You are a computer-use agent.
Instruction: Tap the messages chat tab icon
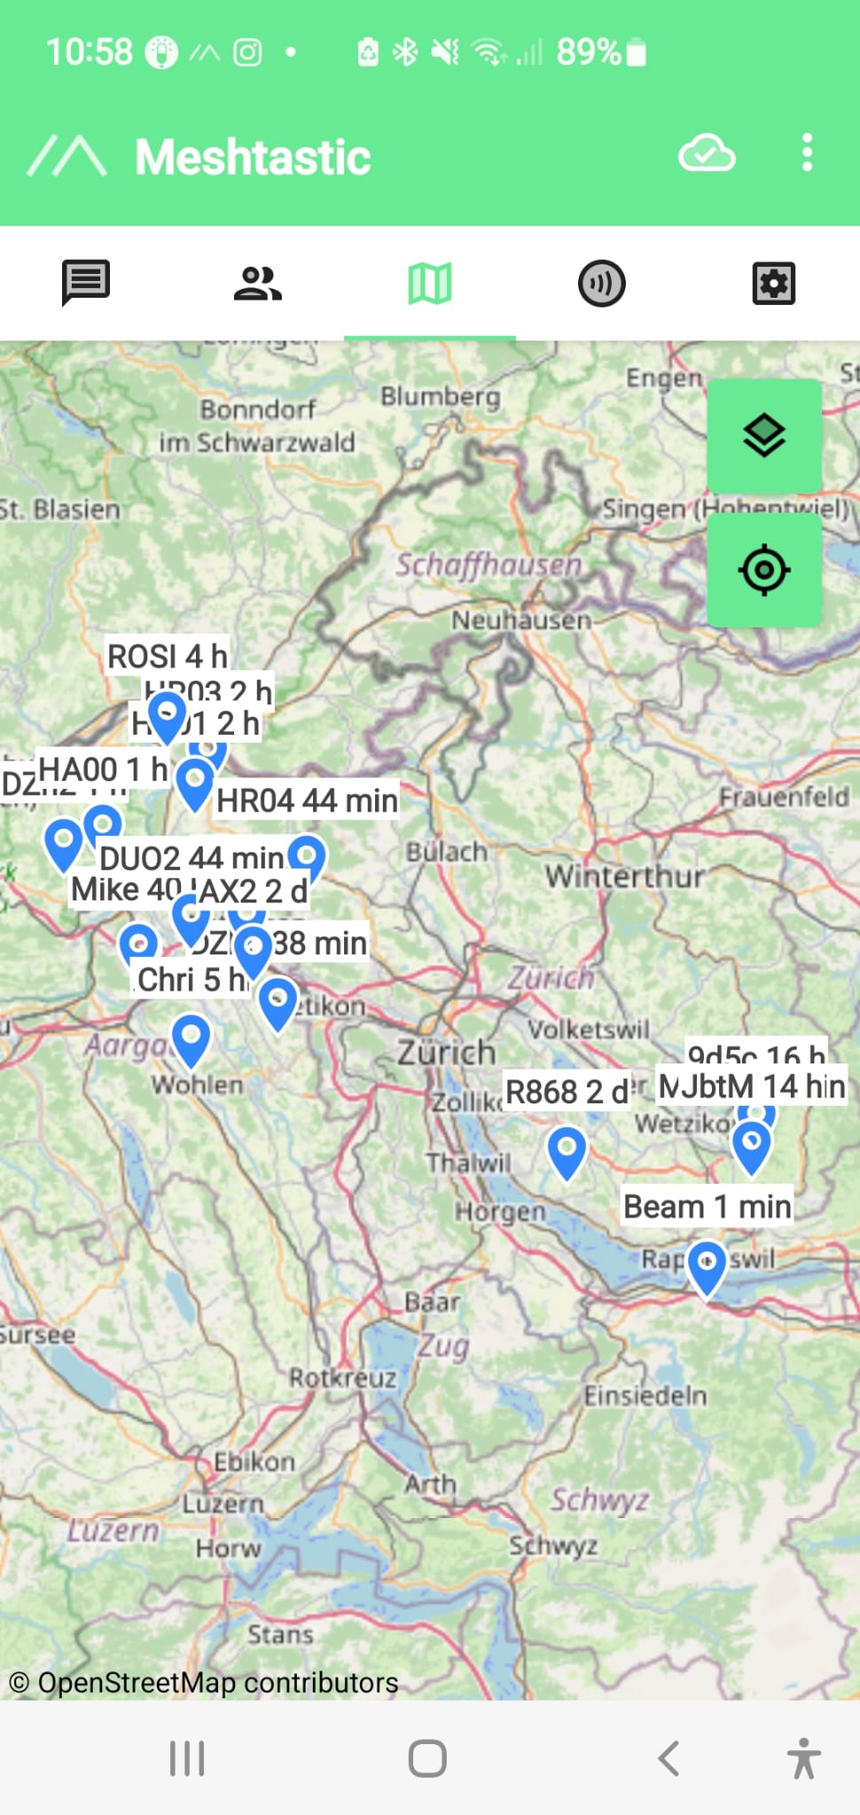[86, 283]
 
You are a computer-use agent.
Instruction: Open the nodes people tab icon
[257, 284]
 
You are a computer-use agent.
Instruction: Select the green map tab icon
[430, 284]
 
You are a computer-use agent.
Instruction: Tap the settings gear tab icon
[773, 284]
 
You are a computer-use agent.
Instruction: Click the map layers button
[763, 435]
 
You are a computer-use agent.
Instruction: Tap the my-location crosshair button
[763, 570]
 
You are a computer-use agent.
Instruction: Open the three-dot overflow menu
[807, 153]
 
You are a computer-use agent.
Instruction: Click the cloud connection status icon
[707, 153]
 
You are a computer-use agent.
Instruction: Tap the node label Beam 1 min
[707, 1206]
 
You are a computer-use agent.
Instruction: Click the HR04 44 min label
[307, 800]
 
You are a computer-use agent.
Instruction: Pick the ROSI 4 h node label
[167, 656]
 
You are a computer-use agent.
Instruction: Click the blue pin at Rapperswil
[707, 1266]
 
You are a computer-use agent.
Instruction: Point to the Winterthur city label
[625, 876]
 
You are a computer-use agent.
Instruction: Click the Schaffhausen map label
[489, 565]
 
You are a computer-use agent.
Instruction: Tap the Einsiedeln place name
[645, 1396]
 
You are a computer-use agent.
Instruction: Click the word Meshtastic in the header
[253, 158]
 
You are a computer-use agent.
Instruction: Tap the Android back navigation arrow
[669, 1758]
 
